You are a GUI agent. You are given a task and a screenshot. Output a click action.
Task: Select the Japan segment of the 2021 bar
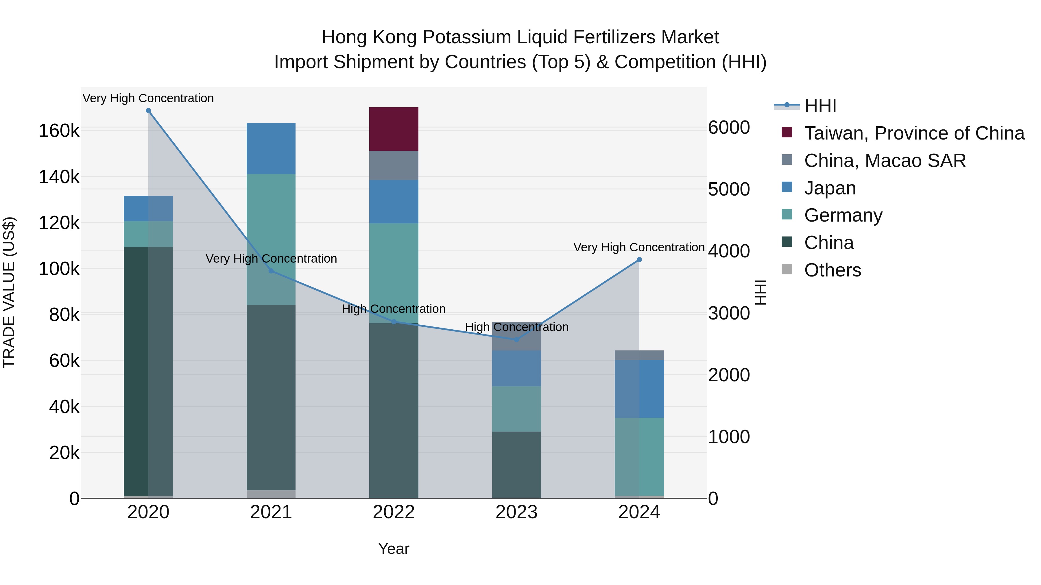tap(271, 148)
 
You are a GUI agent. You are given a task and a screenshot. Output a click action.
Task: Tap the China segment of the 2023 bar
tap(516, 464)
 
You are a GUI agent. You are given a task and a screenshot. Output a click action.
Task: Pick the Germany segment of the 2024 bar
tap(639, 456)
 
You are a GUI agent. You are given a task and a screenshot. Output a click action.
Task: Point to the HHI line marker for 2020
tap(148, 111)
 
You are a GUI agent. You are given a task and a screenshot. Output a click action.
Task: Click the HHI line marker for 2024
tap(639, 260)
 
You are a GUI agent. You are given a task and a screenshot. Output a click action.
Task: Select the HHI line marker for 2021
tap(271, 271)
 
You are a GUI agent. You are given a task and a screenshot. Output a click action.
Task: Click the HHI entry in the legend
tap(820, 106)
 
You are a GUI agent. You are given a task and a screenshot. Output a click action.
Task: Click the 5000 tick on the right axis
tap(729, 189)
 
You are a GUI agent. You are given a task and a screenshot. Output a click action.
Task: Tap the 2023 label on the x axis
tap(516, 512)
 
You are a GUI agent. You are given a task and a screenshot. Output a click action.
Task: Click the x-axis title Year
tap(394, 549)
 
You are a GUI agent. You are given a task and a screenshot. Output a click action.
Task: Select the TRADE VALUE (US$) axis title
tap(9, 292)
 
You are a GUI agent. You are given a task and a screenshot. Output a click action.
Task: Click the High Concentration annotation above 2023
tap(516, 327)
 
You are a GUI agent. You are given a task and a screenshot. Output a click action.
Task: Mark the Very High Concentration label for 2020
tap(148, 98)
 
